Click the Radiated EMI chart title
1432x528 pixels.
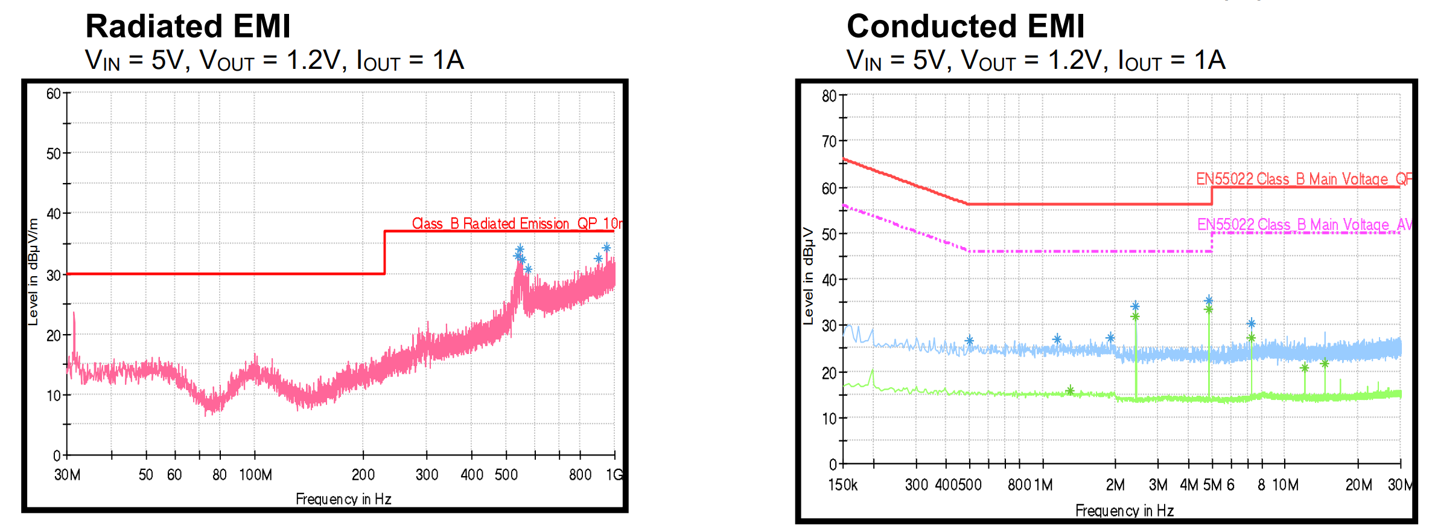point(188,27)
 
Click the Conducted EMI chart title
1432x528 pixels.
point(965,27)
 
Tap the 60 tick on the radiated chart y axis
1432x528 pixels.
point(54,94)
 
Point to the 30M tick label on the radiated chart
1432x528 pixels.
point(67,475)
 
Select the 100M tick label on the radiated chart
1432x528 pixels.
point(255,475)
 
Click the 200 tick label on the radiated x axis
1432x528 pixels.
point(363,475)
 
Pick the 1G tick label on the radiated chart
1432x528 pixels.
point(614,475)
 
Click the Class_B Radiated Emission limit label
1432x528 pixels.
point(516,224)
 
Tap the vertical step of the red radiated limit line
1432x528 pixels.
point(385,253)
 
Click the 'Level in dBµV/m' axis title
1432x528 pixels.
point(33,272)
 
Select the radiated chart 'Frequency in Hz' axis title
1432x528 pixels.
point(343,499)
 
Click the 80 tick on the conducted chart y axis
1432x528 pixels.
point(829,96)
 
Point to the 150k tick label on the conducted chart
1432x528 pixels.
point(842,485)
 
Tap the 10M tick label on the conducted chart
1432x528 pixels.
point(1285,485)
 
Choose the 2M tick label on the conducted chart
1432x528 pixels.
point(1115,485)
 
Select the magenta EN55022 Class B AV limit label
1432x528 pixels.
point(1303,225)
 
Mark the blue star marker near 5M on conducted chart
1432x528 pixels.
point(1208,300)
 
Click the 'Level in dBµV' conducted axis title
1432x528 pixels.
point(809,276)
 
